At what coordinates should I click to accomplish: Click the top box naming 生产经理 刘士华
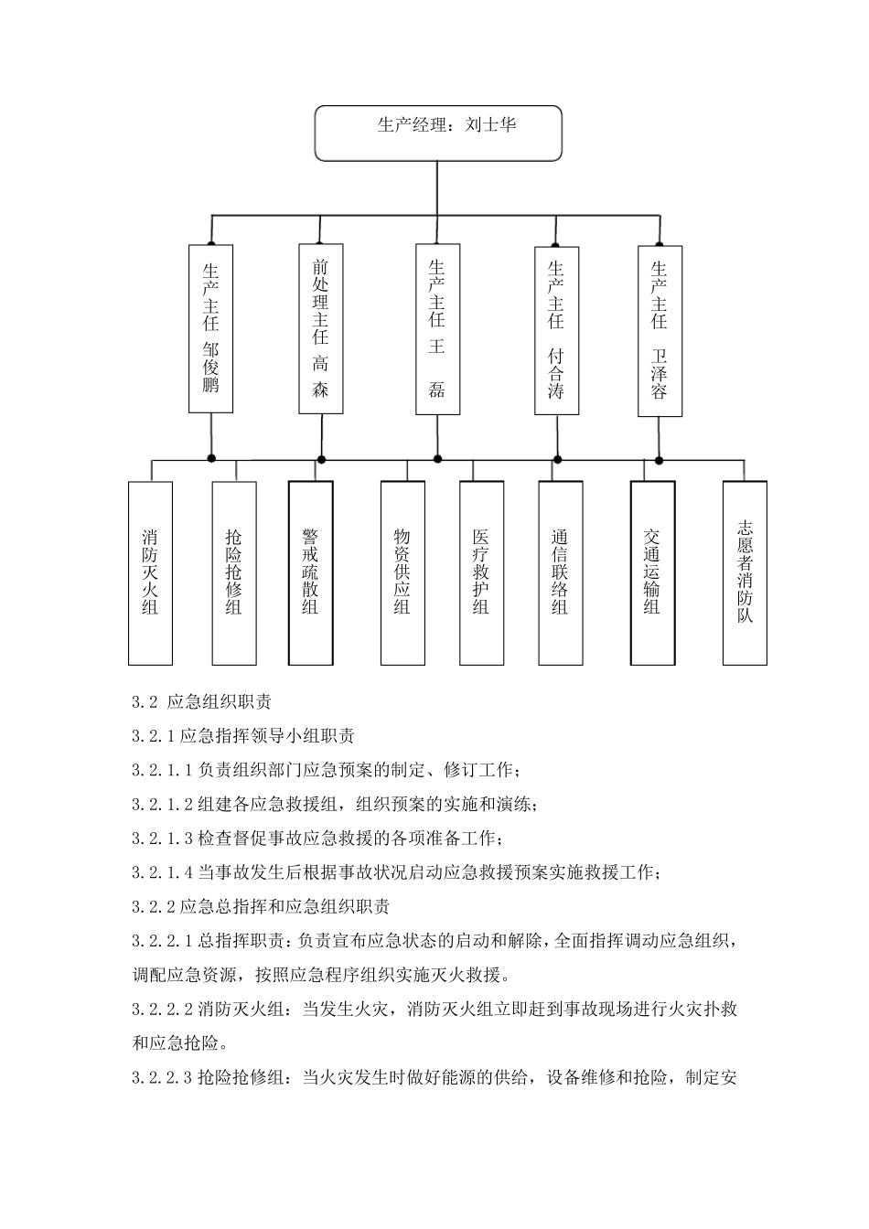tap(437, 134)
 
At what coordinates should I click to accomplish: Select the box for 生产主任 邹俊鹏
tap(210, 328)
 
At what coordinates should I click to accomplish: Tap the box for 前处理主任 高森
tap(320, 328)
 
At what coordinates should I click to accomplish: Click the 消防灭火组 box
tap(150, 572)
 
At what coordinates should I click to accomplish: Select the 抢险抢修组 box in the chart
tap(234, 572)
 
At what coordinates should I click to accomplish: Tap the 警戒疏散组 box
tap(310, 572)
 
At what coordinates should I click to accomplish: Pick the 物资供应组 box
tap(402, 572)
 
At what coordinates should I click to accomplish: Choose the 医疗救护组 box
tap(481, 572)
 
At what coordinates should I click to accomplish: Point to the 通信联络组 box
tap(560, 572)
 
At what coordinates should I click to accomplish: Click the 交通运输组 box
tap(652, 572)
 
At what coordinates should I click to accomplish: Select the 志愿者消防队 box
tap(745, 572)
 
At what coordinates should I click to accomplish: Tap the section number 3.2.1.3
tap(162, 839)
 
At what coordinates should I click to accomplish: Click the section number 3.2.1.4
tap(162, 872)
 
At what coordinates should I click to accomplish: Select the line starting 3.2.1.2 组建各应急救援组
tap(335, 805)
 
